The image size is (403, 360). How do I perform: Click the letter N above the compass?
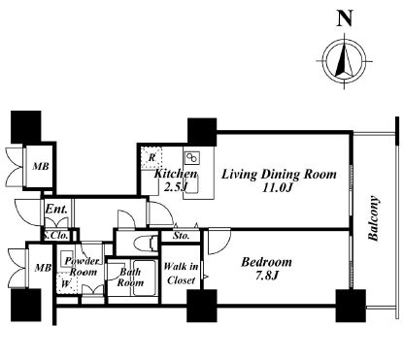click(345, 17)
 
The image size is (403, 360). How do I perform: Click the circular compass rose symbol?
click(345, 61)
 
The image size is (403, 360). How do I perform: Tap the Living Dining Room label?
click(279, 175)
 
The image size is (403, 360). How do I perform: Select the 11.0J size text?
click(278, 187)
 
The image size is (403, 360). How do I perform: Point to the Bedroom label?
click(266, 262)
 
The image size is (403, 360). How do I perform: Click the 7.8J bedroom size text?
click(266, 276)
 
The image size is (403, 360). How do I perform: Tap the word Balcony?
click(374, 217)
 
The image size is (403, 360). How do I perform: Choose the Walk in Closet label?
click(181, 274)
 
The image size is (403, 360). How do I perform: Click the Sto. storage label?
click(181, 236)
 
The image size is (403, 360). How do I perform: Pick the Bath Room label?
click(130, 278)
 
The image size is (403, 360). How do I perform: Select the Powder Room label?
click(82, 266)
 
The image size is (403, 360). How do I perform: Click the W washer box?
click(67, 282)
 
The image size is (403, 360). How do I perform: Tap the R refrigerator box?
click(151, 157)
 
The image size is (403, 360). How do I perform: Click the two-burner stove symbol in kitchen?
click(192, 157)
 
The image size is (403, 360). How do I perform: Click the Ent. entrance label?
click(56, 209)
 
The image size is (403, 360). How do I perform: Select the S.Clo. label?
click(56, 235)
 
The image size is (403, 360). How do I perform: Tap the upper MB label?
click(41, 166)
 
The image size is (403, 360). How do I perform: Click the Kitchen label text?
click(176, 174)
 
